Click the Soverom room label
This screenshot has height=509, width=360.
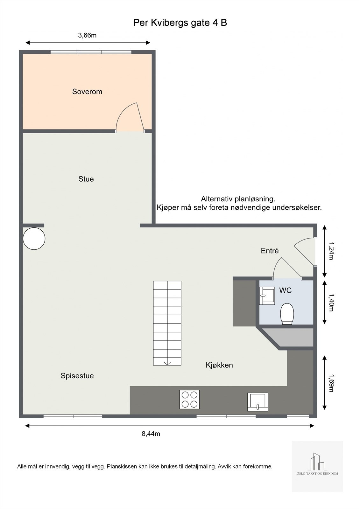click(x=87, y=92)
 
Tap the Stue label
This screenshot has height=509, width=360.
click(x=86, y=179)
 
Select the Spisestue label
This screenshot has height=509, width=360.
click(x=77, y=376)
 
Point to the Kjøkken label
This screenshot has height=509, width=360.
click(x=219, y=365)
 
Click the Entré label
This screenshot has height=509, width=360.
click(x=270, y=251)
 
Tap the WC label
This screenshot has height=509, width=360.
click(x=285, y=290)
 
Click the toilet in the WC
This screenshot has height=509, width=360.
click(x=287, y=314)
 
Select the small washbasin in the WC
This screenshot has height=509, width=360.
click(x=267, y=296)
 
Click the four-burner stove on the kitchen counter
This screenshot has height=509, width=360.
click(x=189, y=399)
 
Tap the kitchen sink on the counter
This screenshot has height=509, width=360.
click(x=258, y=402)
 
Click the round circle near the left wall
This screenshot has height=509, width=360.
click(x=34, y=238)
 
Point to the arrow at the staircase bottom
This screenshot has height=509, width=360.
click(x=167, y=363)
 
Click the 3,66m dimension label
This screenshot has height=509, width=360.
click(x=87, y=35)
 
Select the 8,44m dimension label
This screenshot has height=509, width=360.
click(x=151, y=433)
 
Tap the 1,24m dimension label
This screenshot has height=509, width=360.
click(x=331, y=251)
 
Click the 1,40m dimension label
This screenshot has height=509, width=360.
click(x=331, y=303)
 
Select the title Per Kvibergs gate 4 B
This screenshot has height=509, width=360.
click(x=180, y=23)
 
